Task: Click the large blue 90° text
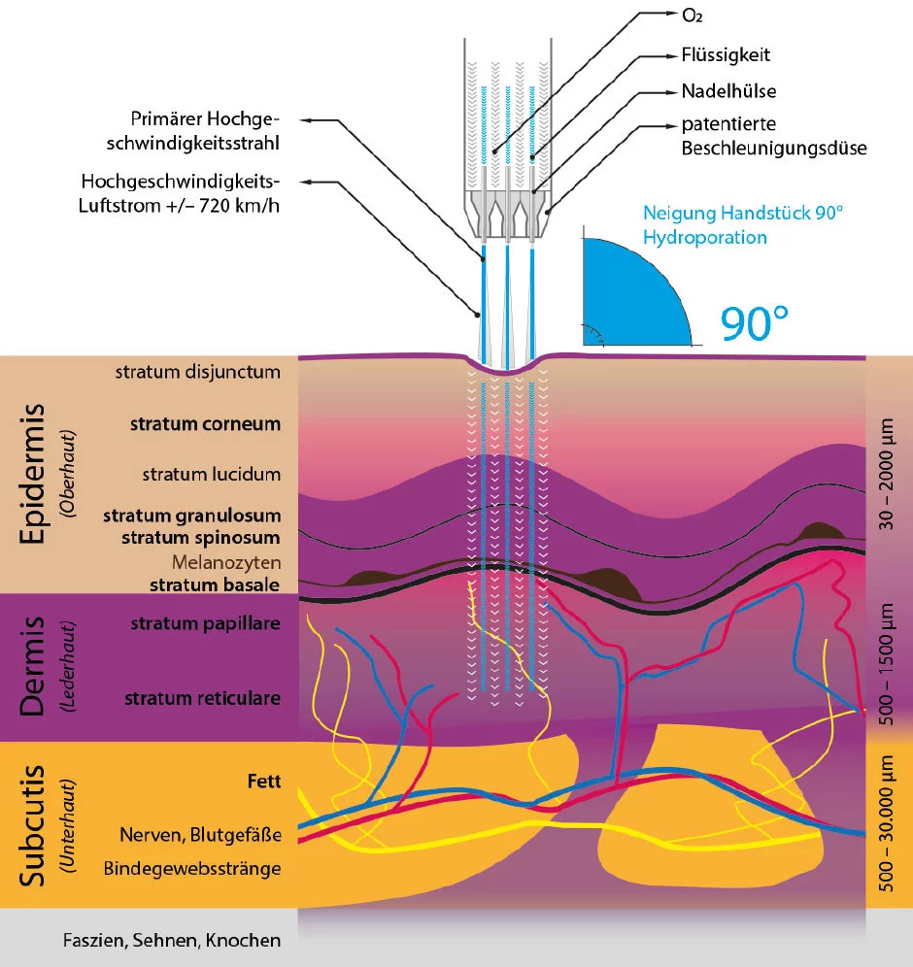pos(756,324)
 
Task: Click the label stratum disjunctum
pos(197,372)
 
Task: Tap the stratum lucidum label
pos(211,475)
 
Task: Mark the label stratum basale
pos(215,584)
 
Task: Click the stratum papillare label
pos(206,623)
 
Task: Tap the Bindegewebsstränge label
pos(192,867)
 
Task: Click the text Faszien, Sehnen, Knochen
pos(171,940)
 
